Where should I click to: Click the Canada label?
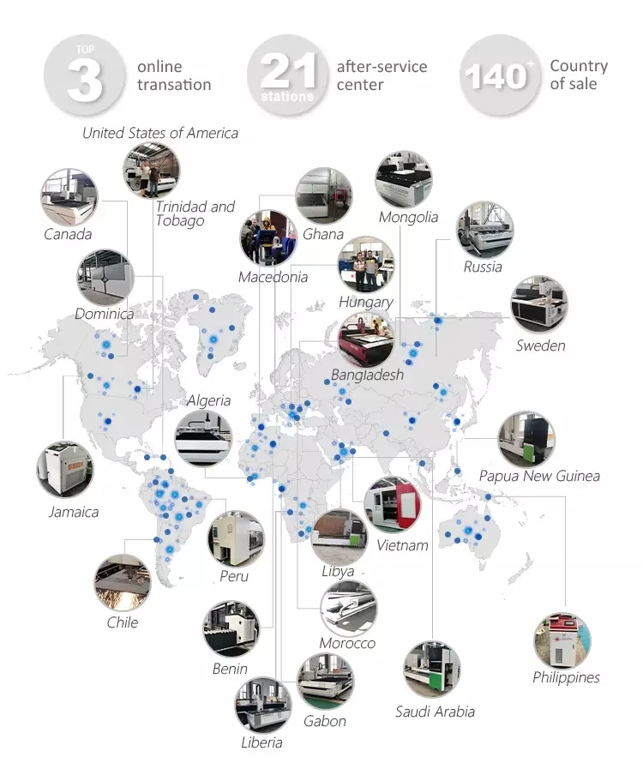(68, 234)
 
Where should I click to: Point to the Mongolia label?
(408, 217)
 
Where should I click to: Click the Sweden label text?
(540, 345)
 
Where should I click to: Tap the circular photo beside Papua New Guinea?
(526, 439)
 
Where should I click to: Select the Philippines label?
(566, 677)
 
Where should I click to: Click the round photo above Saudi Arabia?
(432, 670)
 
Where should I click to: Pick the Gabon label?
(325, 721)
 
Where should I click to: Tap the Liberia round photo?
(262, 705)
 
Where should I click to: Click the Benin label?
(230, 669)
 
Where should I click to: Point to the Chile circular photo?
(123, 583)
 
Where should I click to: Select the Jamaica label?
(74, 512)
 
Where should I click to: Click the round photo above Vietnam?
(392, 505)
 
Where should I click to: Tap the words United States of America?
(160, 133)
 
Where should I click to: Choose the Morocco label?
(347, 643)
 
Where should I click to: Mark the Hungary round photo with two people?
(366, 265)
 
